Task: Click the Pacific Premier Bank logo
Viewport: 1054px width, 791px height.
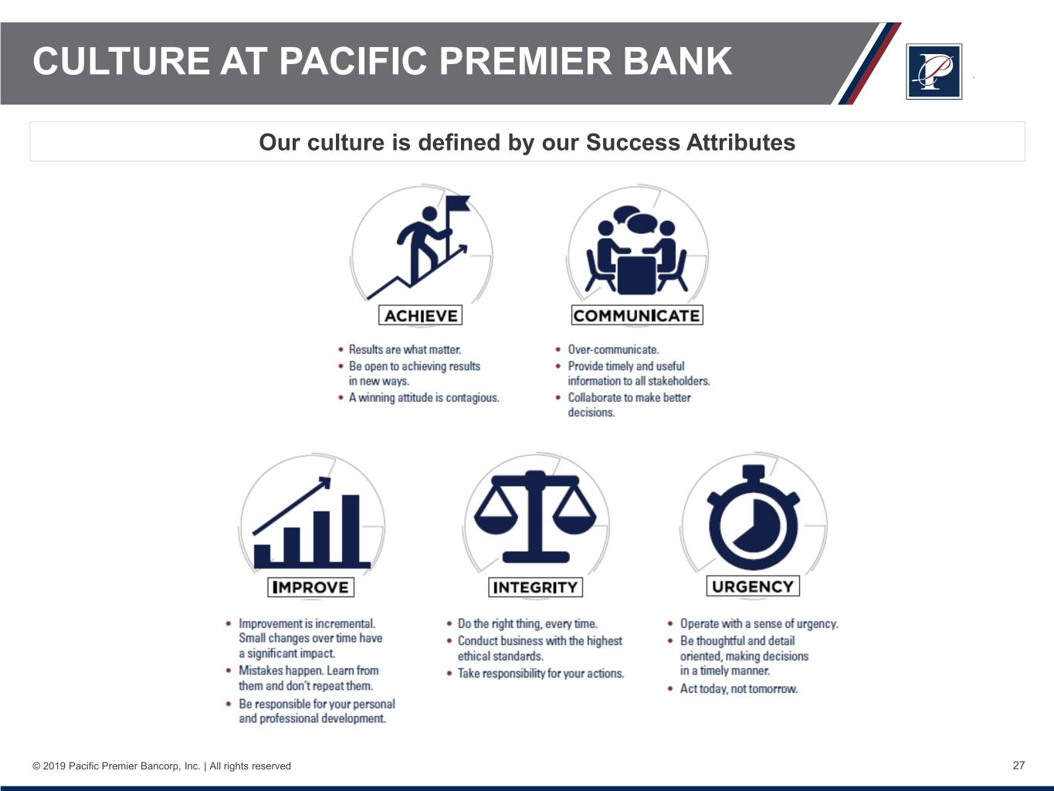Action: [x=934, y=72]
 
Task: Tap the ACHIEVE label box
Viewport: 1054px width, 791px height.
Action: [x=421, y=315]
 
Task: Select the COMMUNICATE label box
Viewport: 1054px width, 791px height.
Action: [x=637, y=315]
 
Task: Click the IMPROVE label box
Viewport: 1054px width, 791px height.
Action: [x=310, y=587]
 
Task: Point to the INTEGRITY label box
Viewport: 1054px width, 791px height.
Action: [x=535, y=587]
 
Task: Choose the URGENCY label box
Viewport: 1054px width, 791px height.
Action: [x=753, y=586]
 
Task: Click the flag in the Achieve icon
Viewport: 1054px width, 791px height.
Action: [x=458, y=204]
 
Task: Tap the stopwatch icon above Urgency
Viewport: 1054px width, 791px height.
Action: [x=754, y=517]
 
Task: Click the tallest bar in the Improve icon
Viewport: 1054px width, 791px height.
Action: [x=351, y=529]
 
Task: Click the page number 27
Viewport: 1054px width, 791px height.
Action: [x=1018, y=766]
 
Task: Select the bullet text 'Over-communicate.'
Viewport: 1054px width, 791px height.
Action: [x=613, y=350]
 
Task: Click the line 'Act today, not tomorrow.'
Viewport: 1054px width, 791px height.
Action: [x=738, y=689]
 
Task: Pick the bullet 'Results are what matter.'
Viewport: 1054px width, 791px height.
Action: [x=405, y=350]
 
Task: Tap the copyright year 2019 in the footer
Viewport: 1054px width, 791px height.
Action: [x=54, y=766]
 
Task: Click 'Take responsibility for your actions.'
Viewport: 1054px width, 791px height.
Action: [x=541, y=674]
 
